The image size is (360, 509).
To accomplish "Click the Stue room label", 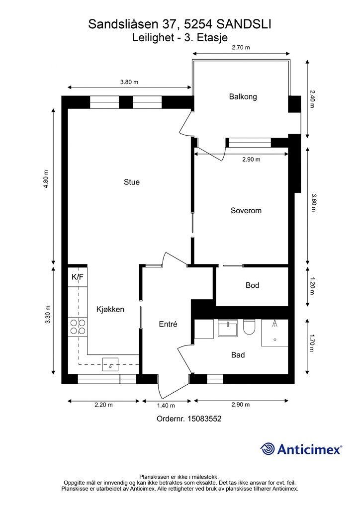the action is coord(131,182).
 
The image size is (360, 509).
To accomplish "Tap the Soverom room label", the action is coord(246,210).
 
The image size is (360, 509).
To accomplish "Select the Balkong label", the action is coord(243,97).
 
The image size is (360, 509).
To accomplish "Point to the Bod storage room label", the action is coord(252,285).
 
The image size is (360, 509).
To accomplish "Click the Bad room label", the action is coord(238,355).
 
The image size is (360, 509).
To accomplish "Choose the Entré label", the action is coord(168,324).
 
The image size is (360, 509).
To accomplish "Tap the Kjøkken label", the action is coord(110,309).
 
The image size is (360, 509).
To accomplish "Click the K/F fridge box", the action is coord(78,277).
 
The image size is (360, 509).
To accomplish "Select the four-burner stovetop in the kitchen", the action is coord(78,327).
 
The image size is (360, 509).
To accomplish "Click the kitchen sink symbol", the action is coord(110,364).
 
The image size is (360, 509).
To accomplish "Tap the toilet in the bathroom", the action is coord(249,327).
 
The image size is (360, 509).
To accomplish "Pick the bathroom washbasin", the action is coord(228,328).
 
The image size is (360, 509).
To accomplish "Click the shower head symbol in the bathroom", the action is coord(275,324).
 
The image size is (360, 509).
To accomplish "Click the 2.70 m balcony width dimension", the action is coord(241,47).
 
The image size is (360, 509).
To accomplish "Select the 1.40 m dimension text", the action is coord(166,406).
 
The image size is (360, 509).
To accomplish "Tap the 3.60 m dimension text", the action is coord(313,203).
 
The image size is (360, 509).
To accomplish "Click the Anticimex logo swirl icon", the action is coord(268,449).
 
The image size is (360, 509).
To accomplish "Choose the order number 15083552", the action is coord(204,419).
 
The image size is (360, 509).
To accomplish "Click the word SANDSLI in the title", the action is coord(244,24).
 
